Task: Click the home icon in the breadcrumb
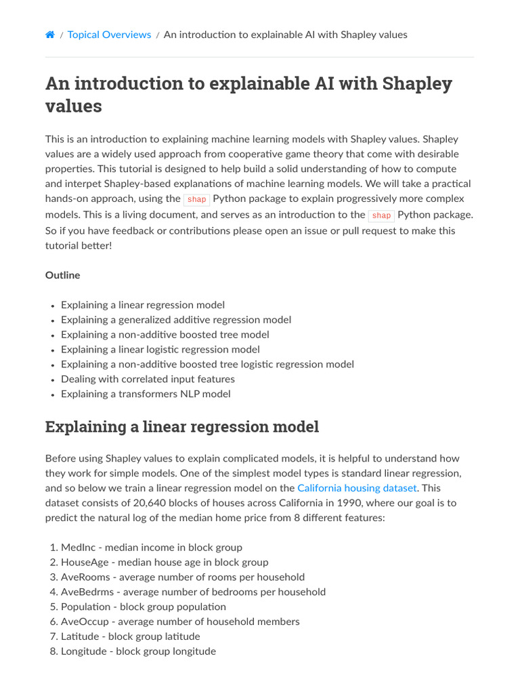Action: [50, 35]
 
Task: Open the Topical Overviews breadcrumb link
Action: [109, 35]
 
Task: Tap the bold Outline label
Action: [62, 275]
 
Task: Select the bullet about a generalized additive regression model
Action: [176, 320]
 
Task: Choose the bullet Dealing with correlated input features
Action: [148, 379]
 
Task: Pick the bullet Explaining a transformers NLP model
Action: [146, 394]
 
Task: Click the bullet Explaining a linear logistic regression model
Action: [160, 350]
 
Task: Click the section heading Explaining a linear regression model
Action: [181, 427]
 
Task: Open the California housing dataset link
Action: [357, 488]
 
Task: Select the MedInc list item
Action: [151, 548]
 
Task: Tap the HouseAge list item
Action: [165, 563]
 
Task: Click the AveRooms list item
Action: [182, 577]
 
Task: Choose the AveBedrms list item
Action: [193, 592]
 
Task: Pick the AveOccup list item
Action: [180, 621]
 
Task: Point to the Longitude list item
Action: [138, 651]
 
